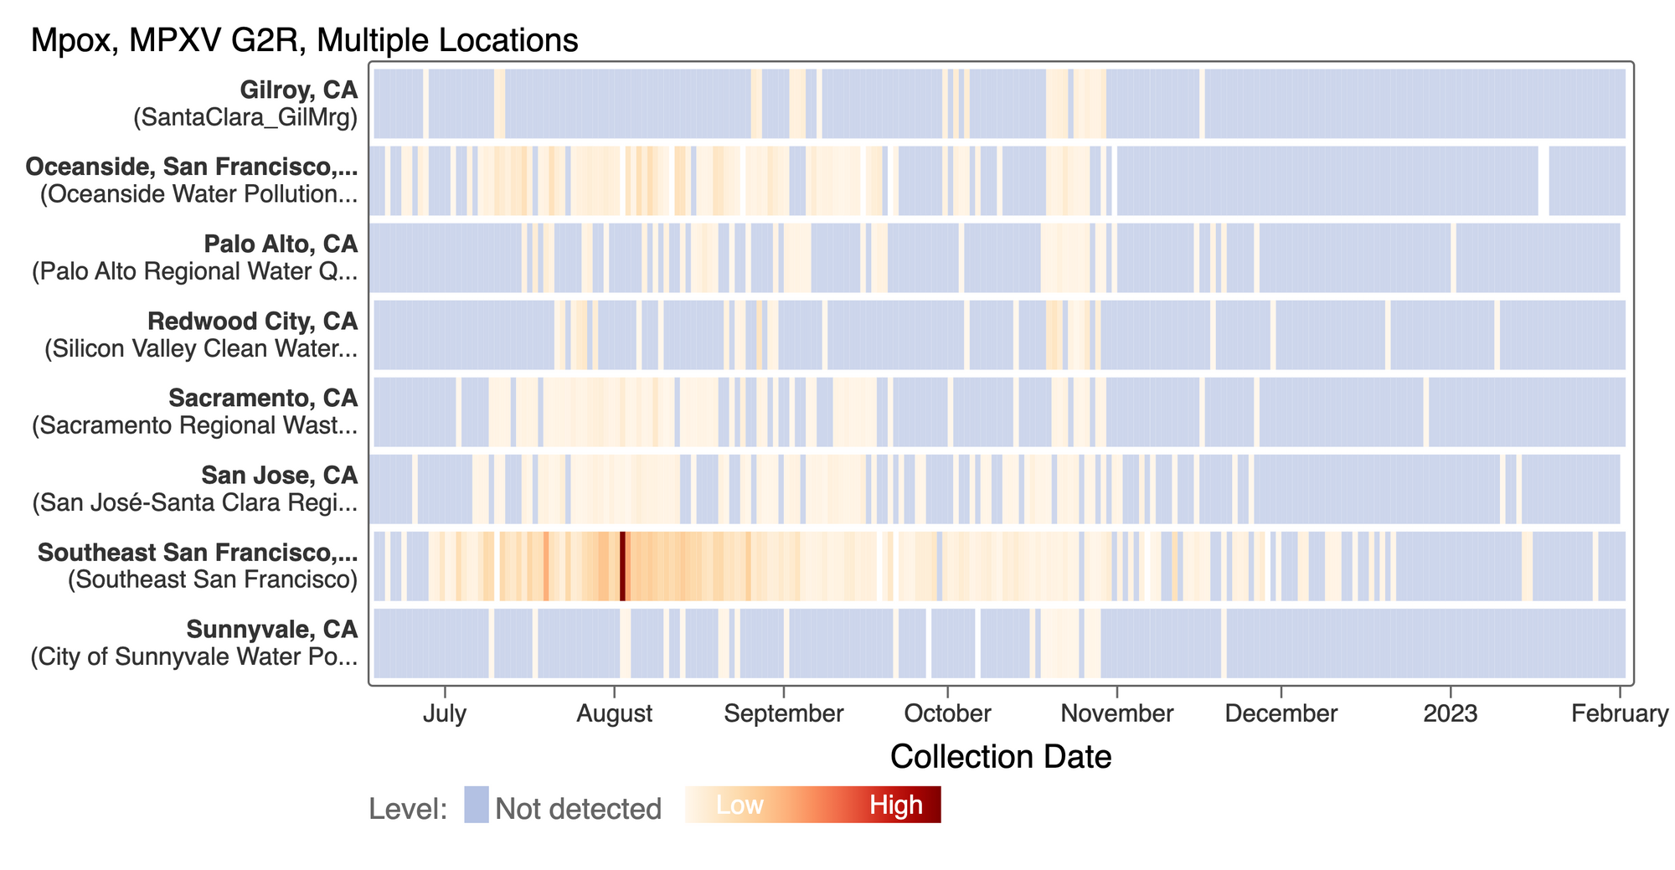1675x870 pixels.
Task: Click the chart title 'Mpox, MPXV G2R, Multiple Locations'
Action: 304,40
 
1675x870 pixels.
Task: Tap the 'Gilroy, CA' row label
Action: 298,90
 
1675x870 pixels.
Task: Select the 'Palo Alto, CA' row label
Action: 281,244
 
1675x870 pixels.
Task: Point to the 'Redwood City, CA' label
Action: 252,321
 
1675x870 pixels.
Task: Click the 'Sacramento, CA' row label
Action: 263,398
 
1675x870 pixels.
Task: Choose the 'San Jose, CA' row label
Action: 280,475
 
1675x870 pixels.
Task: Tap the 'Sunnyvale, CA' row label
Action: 271,629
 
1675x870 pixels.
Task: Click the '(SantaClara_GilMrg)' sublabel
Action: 245,117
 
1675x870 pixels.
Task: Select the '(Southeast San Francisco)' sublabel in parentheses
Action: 213,579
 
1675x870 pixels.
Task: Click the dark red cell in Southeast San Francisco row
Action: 622,566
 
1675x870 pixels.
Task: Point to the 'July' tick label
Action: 444,714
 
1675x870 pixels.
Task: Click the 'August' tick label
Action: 615,714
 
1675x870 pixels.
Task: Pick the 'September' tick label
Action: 784,714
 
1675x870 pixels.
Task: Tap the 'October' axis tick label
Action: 947,714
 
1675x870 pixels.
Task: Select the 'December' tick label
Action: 1281,714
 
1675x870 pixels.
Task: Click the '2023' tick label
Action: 1451,714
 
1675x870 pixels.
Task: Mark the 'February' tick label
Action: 1620,714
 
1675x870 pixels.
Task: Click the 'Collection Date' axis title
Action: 1001,757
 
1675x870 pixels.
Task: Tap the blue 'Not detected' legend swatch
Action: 477,805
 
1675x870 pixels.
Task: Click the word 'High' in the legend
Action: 895,806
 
